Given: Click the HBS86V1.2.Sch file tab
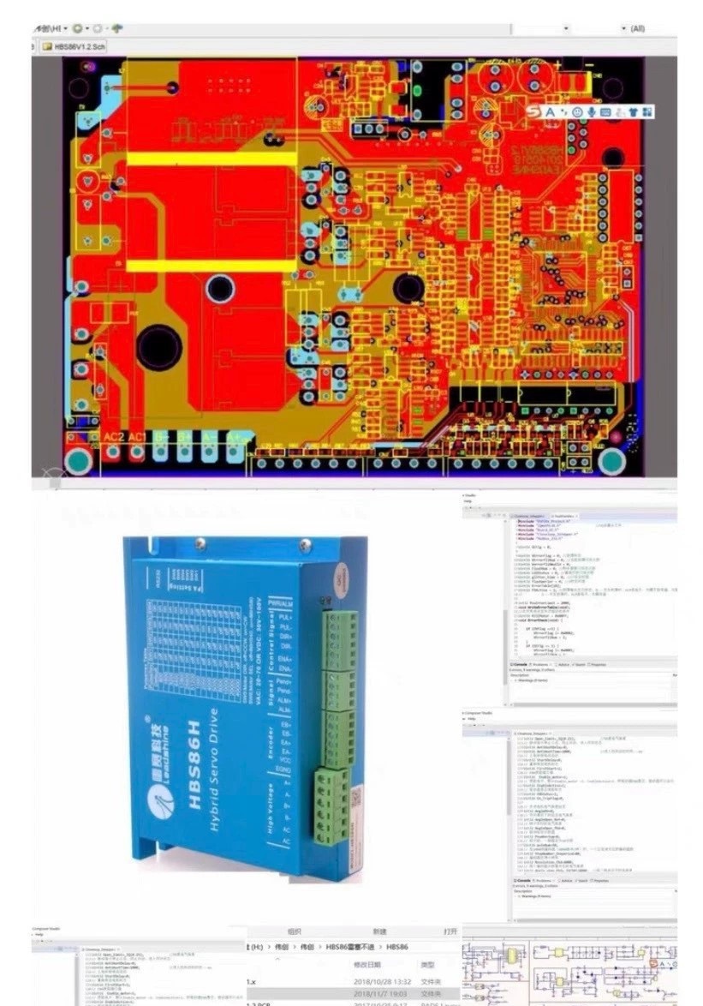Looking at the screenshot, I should (x=79, y=47).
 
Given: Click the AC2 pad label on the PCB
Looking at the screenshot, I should (x=114, y=437).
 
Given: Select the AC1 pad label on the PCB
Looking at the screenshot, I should (x=138, y=437).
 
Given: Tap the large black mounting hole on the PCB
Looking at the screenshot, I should (x=159, y=346).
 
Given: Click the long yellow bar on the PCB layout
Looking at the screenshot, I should (x=212, y=159).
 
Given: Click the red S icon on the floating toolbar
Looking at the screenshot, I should (x=534, y=111).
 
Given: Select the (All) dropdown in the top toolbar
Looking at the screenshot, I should (x=637, y=28).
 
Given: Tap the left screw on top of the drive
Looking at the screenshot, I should (x=201, y=542).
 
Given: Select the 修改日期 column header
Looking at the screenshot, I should (x=370, y=964).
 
